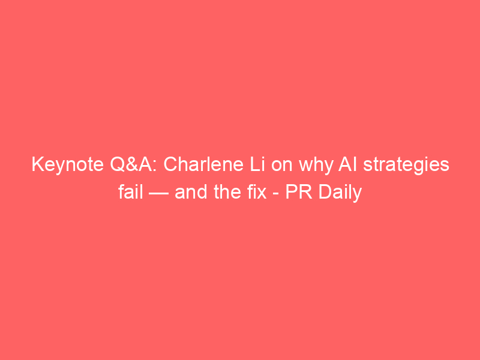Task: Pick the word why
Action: pyautogui.click(x=316, y=166)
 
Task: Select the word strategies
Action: pyautogui.click(x=406, y=166)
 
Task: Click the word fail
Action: pyautogui.click(x=131, y=192)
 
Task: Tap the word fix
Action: pyautogui.click(x=257, y=192)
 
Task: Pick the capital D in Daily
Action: pyautogui.click(x=325, y=192)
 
